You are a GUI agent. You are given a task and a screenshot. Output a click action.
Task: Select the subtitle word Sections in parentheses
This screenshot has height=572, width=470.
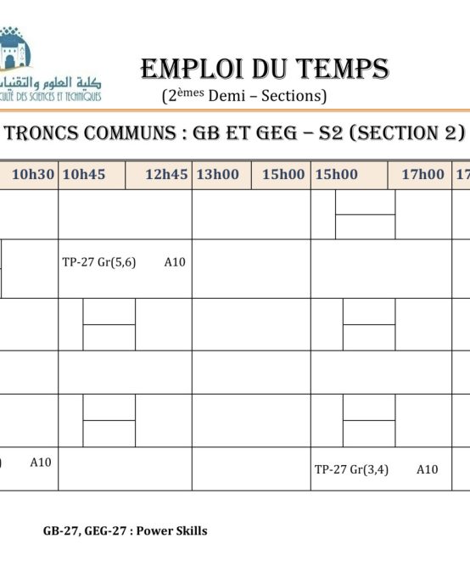pyautogui.click(x=291, y=96)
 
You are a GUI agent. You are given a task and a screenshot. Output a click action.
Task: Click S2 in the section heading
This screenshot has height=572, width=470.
pyautogui.click(x=332, y=133)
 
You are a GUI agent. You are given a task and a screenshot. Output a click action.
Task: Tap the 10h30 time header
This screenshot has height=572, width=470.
pyautogui.click(x=33, y=174)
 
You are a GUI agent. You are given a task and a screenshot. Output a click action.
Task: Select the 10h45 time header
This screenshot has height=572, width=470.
pyautogui.click(x=85, y=174)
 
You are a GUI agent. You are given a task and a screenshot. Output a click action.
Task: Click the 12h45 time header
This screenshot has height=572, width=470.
pyautogui.click(x=166, y=174)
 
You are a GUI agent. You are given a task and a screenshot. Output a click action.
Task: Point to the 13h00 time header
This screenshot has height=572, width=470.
pyautogui.click(x=218, y=174)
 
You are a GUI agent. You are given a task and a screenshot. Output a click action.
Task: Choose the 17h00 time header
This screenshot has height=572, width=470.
pyautogui.click(x=423, y=174)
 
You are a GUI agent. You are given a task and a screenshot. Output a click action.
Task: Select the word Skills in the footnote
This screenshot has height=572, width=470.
pyautogui.click(x=193, y=531)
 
